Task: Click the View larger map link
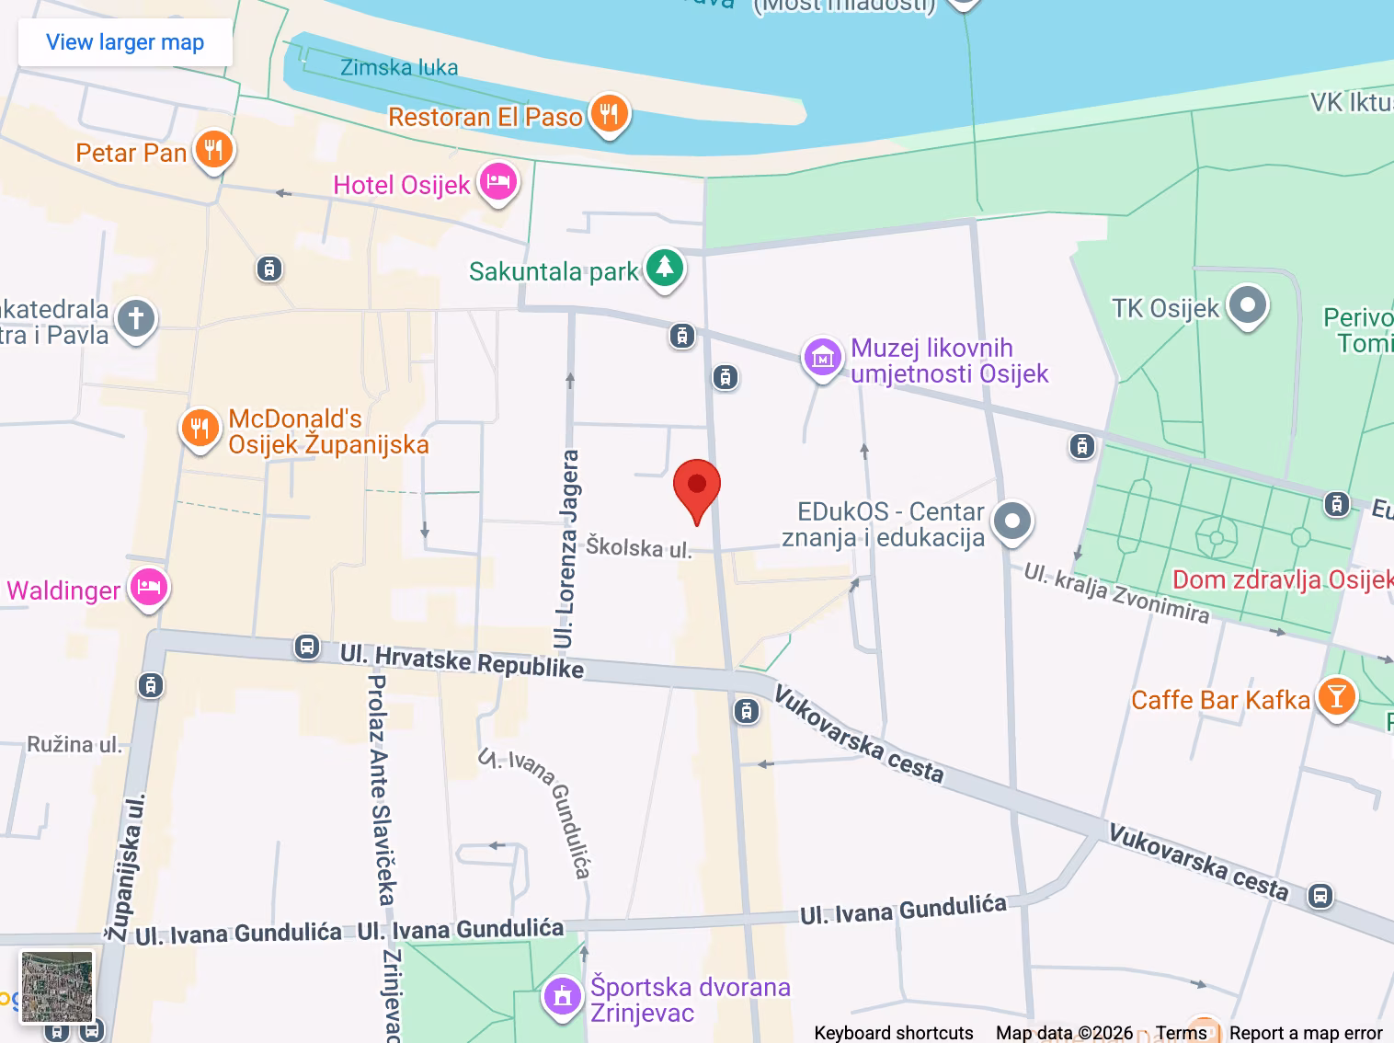125,42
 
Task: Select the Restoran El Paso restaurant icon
609,115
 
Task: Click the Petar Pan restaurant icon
213,150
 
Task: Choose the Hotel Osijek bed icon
497,182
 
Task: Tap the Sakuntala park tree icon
664,269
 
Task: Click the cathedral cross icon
136,319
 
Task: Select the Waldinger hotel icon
148,587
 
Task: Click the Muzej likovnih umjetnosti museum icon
823,358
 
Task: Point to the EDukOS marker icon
1012,521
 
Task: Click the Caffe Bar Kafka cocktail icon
1336,697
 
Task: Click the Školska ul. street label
639,547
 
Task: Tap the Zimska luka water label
399,67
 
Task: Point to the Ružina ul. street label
74,744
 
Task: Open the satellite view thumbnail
57,987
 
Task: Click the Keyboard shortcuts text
893,1033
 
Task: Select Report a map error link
1306,1033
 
